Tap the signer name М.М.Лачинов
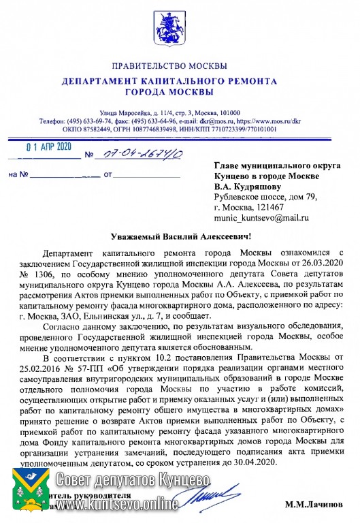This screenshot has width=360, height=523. coord(314,506)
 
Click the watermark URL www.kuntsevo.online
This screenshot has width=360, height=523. coord(117,505)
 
